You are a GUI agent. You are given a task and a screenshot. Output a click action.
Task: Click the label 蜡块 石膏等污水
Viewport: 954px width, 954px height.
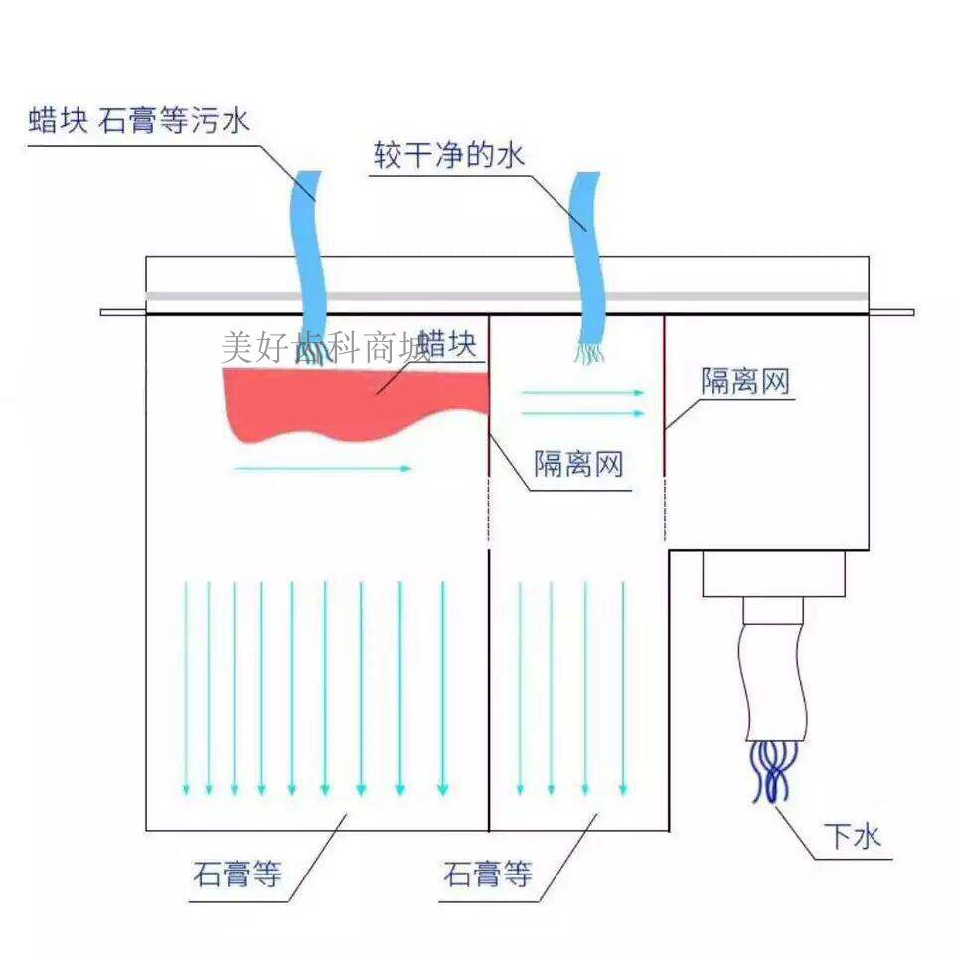139,123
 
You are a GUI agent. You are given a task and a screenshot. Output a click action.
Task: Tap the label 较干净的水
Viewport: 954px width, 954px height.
448,156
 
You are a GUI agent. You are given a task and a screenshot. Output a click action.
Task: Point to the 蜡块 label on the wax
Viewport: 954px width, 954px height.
448,345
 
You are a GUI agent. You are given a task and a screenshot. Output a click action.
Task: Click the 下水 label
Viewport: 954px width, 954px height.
852,838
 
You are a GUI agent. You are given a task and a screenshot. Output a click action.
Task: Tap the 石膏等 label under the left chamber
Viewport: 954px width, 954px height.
238,875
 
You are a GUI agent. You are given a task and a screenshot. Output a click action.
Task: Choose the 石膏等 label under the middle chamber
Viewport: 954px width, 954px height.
488,875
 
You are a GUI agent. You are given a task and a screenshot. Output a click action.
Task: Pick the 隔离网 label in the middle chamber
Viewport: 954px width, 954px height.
578,463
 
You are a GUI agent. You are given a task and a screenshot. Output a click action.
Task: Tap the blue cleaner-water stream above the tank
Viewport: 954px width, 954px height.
587,248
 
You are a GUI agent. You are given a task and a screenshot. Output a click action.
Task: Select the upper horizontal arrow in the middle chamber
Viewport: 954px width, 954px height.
582,393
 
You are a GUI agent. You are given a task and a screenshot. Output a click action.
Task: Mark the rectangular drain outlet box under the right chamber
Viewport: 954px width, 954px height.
773,573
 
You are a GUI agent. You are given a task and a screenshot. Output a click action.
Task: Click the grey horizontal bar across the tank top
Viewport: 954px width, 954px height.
507,296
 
